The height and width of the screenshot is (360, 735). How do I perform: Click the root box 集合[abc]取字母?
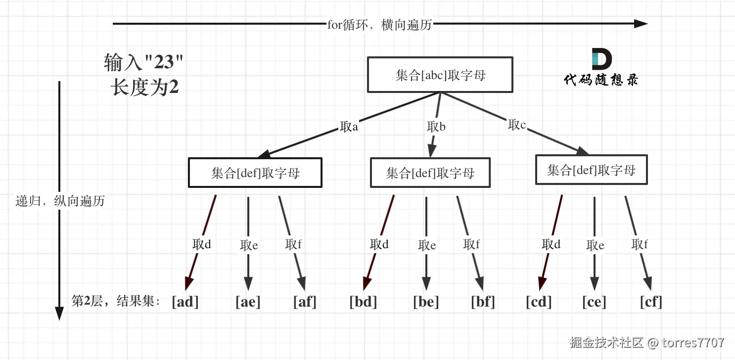[x=440, y=75]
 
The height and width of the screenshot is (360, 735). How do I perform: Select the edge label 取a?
[x=349, y=127]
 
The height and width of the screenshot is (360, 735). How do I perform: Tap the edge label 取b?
[x=436, y=127]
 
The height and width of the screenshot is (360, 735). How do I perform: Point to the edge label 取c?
[x=517, y=125]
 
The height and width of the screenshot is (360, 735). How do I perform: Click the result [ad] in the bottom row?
[x=185, y=302]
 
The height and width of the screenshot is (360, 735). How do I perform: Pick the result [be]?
[x=426, y=302]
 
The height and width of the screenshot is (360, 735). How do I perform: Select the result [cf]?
[x=650, y=302]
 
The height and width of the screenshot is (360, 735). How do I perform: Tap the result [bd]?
[x=363, y=302]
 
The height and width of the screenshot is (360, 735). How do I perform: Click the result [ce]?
[x=594, y=302]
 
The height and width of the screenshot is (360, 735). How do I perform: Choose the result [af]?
[x=304, y=302]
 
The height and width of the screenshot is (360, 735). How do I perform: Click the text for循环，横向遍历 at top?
[x=379, y=25]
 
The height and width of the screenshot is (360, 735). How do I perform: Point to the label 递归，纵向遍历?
[x=60, y=201]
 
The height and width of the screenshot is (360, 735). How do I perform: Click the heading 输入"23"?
[x=143, y=63]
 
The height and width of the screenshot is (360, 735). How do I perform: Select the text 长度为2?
[x=144, y=89]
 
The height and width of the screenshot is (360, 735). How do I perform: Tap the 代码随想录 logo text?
[x=601, y=80]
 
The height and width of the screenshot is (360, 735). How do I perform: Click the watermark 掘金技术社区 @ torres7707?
[x=647, y=342]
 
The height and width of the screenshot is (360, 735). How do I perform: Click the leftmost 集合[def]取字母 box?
[x=255, y=173]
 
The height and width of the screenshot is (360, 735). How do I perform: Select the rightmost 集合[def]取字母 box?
[x=591, y=171]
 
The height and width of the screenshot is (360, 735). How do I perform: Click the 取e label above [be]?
[x=427, y=245]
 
